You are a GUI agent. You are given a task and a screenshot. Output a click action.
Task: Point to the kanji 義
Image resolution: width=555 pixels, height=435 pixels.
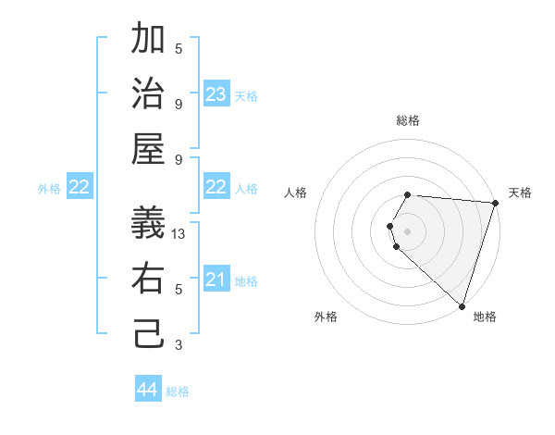(149, 223)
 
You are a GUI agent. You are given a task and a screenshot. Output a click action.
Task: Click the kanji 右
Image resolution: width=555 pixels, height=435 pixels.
(149, 278)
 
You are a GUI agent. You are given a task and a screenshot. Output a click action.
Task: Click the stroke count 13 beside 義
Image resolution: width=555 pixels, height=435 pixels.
(179, 234)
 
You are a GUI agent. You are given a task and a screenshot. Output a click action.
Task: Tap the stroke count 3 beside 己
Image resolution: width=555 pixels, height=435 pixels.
(179, 345)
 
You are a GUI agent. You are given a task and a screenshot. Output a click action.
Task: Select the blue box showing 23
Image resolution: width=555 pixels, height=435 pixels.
(216, 94)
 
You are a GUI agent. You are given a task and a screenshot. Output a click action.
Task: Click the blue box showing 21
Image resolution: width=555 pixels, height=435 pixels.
(216, 280)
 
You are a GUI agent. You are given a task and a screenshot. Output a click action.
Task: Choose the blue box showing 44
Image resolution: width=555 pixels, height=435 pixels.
(147, 390)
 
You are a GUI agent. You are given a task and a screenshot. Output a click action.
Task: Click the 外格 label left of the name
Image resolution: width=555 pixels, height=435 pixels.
(49, 188)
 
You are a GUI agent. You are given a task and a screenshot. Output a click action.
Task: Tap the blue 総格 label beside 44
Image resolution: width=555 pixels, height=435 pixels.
(178, 391)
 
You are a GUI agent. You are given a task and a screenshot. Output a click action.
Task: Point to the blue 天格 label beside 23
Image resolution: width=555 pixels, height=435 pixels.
(246, 96)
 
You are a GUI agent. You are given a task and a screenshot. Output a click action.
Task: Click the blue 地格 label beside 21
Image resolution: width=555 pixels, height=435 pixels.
(246, 281)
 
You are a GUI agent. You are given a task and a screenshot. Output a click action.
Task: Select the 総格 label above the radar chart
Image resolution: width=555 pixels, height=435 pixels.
(407, 120)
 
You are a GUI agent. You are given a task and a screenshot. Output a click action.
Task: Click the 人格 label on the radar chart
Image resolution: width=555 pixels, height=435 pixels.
(296, 193)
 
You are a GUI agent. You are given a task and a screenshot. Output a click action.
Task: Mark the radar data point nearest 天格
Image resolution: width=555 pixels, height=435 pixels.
(495, 204)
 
